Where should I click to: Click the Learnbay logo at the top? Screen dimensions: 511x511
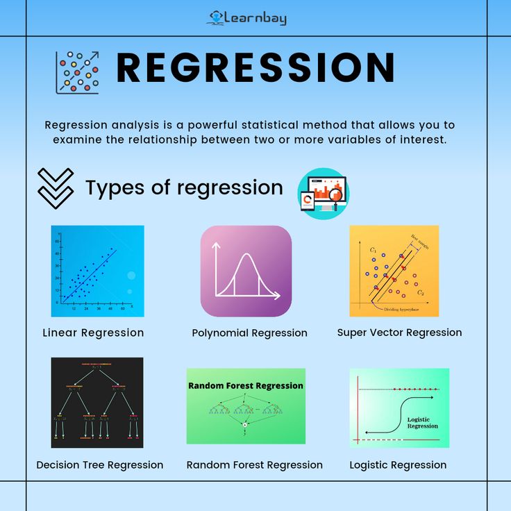coord(247,18)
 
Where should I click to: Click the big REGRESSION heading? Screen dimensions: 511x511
coord(255,68)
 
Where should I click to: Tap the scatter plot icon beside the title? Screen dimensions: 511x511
coord(77,72)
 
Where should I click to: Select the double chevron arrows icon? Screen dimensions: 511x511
coord(55,187)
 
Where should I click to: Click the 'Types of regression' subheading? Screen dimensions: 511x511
coord(184,187)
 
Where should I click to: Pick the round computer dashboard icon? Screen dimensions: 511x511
coord(323,194)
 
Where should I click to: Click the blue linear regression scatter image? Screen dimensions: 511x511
coord(97,271)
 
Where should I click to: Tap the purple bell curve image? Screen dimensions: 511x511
coord(246,271)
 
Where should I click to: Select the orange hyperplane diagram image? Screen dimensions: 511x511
coord(394,271)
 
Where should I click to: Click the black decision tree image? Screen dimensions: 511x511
coord(97,403)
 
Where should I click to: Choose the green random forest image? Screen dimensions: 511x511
coord(246,406)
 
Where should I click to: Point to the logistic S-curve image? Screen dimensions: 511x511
coord(399,408)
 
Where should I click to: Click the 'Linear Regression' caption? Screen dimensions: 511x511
coord(93,333)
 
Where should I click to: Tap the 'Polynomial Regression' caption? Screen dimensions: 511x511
coord(249,333)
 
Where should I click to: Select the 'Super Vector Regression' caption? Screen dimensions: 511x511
coord(399,333)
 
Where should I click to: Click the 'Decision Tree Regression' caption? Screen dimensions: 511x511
coord(100,465)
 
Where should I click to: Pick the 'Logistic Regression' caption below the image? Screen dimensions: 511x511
coord(398,465)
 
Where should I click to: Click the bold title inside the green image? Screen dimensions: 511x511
coord(246,385)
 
